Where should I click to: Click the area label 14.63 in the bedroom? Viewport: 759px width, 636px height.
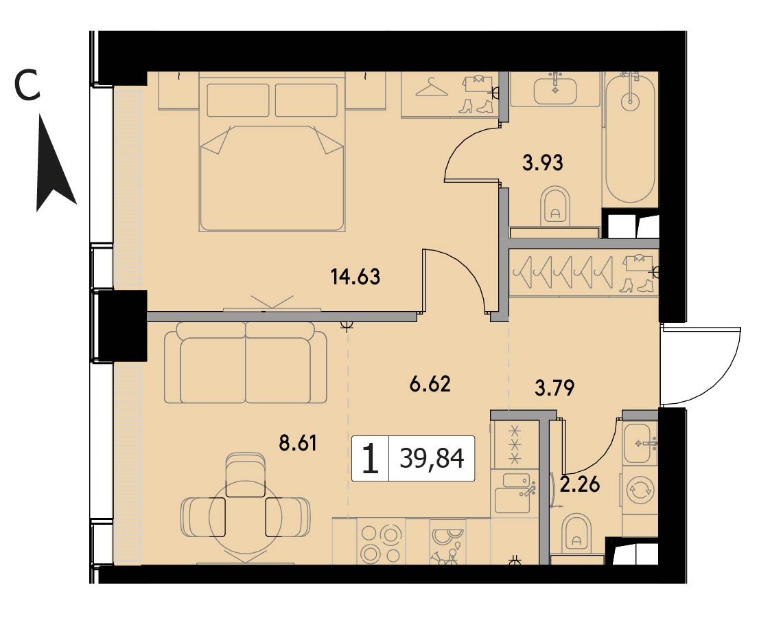pos(355,277)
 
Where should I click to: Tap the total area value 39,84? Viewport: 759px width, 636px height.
pos(432,458)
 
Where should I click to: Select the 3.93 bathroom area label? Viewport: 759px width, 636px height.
pos(543,163)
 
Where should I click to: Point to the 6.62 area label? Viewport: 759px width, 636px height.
pos(430,384)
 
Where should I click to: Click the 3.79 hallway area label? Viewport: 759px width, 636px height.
pos(554,387)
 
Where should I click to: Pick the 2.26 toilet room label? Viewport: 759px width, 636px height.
pos(580,484)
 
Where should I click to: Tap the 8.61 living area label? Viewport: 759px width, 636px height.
pos(298,443)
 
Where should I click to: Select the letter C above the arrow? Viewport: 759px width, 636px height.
pos(27,84)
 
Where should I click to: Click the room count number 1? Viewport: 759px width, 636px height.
pos(371,459)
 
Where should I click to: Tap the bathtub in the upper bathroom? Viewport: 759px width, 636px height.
pos(630,137)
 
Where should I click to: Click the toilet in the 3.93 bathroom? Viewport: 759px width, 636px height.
pos(555,206)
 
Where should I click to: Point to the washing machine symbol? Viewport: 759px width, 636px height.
pos(639,491)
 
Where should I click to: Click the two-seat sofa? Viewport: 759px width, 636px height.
pos(246,363)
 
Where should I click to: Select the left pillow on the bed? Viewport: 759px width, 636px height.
pos(237,100)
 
